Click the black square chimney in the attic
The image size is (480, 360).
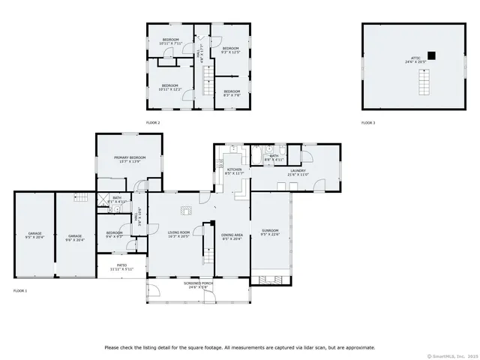click(431, 53)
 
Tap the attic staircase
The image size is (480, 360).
click(425, 82)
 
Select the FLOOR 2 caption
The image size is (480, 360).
click(152, 122)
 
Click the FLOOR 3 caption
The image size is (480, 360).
click(368, 122)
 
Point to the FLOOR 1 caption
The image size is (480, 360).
click(20, 290)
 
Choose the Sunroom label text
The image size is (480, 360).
click(269, 232)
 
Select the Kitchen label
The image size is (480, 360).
click(235, 172)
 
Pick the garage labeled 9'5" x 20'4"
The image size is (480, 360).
click(35, 236)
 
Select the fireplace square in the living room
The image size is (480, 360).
click(186, 211)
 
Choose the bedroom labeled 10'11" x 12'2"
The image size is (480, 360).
click(169, 87)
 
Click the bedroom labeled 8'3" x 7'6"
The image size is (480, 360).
click(231, 94)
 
